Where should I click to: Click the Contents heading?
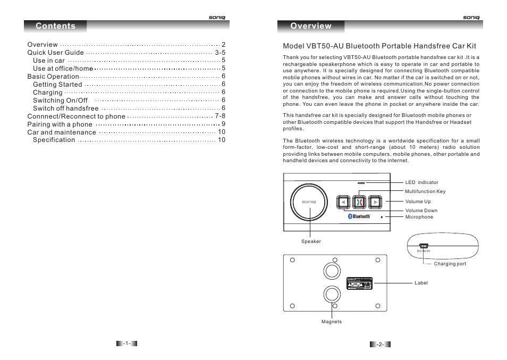coord(55,26)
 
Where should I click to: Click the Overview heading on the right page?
coord(311,26)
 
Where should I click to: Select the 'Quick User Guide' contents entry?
coord(56,53)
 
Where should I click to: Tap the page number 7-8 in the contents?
coord(220,116)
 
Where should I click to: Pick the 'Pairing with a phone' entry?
coord(60,124)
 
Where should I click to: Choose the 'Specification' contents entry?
coord(54,140)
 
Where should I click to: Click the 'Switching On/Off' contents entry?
coord(60,100)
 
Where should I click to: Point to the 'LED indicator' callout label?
coord(421,182)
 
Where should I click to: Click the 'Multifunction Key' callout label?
coord(425,191)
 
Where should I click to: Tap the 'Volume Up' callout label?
coord(418,202)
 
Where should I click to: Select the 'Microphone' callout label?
coord(419,217)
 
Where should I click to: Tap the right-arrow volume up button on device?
coord(375,202)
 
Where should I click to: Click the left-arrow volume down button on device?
coord(343,202)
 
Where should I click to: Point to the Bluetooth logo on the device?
coord(359,216)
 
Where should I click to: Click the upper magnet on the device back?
coord(332,271)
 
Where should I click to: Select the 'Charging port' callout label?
coord(450,264)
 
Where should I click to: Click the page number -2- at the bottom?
coord(380,345)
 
